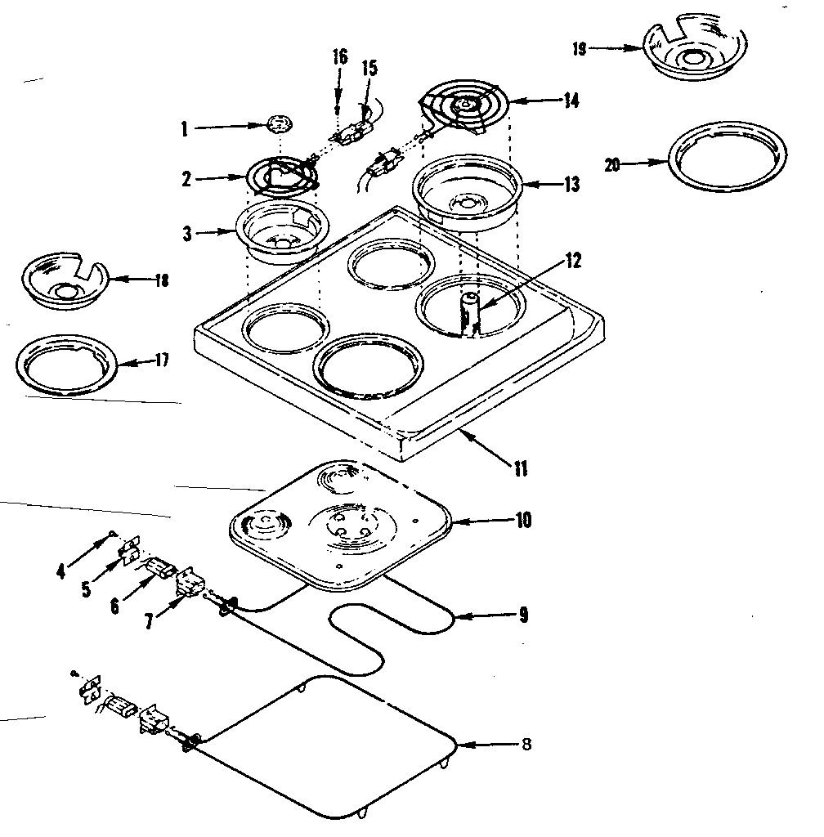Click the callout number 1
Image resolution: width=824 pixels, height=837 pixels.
coord(185,128)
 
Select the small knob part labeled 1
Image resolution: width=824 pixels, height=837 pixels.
coord(279,125)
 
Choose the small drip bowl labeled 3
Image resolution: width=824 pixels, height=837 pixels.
coord(281,234)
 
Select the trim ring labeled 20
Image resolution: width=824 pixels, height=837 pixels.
coord(728,163)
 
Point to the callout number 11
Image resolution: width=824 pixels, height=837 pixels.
coord(520,469)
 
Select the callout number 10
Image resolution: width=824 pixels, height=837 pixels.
coord(523,519)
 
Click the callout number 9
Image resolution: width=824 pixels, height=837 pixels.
coord(524,615)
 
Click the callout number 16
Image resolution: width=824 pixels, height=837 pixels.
coord(339,56)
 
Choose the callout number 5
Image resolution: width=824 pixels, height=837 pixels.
coord(86,589)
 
